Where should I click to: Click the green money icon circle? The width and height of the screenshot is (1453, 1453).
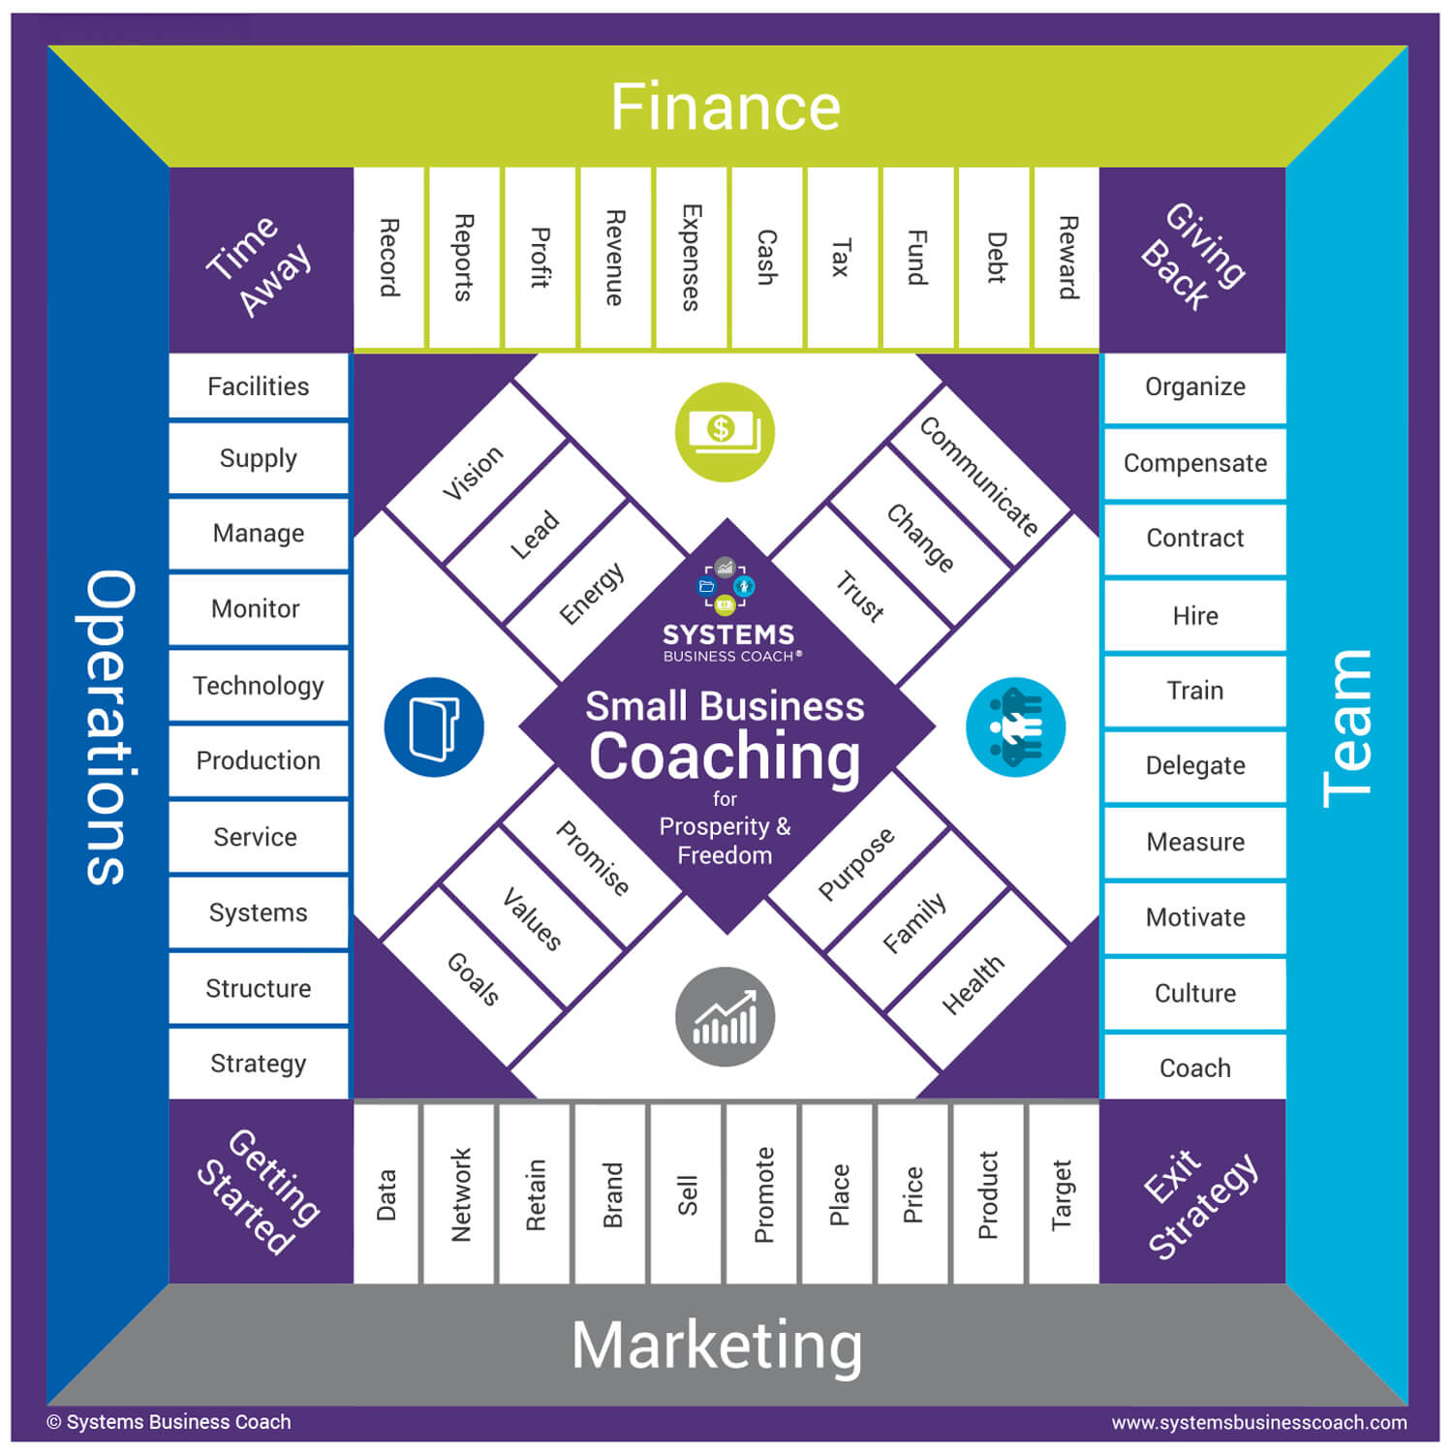pyautogui.click(x=725, y=432)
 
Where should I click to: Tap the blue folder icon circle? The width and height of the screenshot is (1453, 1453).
pyautogui.click(x=434, y=726)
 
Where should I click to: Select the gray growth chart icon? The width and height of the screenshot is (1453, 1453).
pyautogui.click(x=725, y=1017)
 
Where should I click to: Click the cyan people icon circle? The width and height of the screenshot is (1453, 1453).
pyautogui.click(x=1015, y=726)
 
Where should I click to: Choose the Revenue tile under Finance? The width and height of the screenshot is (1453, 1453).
pyautogui.click(x=614, y=258)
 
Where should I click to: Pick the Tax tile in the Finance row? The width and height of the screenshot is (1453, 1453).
pyautogui.click(x=841, y=258)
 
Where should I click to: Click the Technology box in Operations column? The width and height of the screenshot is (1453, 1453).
pyautogui.click(x=258, y=686)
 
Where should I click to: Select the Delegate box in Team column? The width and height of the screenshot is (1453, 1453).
pyautogui.click(x=1194, y=765)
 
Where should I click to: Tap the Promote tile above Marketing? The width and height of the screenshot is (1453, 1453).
pyautogui.click(x=763, y=1193)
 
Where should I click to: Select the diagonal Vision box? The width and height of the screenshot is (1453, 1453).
pyautogui.click(x=474, y=474)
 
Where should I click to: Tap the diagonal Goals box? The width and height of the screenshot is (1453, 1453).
pyautogui.click(x=473, y=978)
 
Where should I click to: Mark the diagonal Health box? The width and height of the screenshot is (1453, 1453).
pyautogui.click(x=974, y=982)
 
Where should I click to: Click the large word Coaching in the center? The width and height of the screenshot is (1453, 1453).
pyautogui.click(x=725, y=756)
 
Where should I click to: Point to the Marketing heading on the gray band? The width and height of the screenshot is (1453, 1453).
pyautogui.click(x=717, y=1345)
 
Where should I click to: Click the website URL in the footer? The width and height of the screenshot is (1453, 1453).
pyautogui.click(x=1258, y=1422)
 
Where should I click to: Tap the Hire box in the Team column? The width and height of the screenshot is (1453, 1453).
pyautogui.click(x=1194, y=616)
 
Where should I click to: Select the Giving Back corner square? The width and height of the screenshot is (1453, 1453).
pyautogui.click(x=1193, y=258)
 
